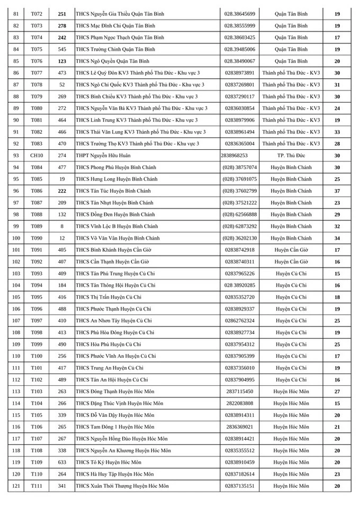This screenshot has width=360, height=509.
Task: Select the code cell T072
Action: click(37, 14)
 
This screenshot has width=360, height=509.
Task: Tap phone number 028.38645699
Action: click(240, 14)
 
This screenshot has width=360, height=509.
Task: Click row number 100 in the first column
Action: click(16, 238)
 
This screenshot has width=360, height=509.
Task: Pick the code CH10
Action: click(37, 156)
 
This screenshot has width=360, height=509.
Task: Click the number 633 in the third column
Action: click(62, 462)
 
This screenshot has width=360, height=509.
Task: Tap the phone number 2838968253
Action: click(234, 156)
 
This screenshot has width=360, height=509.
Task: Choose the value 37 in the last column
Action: click(337, 191)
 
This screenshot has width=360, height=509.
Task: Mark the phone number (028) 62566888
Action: click(240, 214)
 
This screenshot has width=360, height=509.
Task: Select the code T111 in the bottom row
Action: click(37, 486)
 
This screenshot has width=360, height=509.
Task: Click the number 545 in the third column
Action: click(62, 49)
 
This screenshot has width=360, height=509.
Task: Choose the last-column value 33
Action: click(337, 132)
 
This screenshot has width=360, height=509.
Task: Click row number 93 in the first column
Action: click(16, 156)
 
